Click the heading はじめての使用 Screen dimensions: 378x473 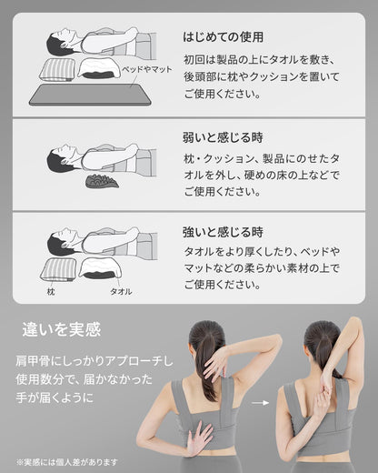(223, 37)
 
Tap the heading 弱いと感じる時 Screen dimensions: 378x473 (223, 137)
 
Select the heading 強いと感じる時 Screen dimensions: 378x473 (223, 232)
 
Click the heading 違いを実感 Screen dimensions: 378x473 (62, 329)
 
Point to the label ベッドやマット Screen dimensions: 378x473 (147, 69)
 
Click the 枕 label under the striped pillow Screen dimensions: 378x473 (51, 292)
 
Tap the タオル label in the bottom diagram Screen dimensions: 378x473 (121, 292)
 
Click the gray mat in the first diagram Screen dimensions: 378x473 (90, 95)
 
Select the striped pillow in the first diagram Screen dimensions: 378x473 (57, 70)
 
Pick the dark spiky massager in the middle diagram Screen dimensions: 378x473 (102, 181)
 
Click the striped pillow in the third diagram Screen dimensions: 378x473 (58, 269)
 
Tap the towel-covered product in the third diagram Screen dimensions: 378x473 (100, 268)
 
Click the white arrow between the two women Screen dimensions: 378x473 (261, 403)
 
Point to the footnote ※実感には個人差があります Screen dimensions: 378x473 (67, 462)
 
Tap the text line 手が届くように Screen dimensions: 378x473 (55, 398)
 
